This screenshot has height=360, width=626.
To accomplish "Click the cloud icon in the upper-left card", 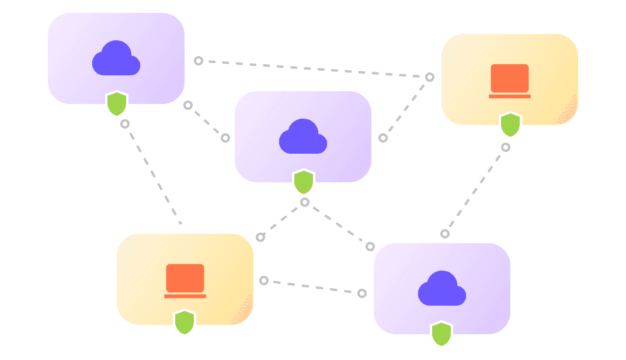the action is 116,59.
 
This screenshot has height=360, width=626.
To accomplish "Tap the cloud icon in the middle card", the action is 303,137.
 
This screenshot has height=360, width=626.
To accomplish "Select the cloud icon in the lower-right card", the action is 442,289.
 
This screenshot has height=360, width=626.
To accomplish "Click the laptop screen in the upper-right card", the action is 510,78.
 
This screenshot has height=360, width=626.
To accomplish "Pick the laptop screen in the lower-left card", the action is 185,278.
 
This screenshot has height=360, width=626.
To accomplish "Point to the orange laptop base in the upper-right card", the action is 510,96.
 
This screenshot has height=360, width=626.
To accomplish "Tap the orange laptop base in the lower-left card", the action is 185,296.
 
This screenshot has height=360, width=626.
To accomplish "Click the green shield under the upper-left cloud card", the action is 117,103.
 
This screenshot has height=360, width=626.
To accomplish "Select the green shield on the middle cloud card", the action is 304,182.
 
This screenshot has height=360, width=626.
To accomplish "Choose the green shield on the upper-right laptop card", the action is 510,125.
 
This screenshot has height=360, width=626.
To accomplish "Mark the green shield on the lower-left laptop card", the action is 185,322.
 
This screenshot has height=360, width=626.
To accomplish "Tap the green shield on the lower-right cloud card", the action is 441,334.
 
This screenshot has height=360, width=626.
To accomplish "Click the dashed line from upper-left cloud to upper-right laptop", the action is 314,69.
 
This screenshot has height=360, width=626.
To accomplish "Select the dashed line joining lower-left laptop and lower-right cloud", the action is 313,287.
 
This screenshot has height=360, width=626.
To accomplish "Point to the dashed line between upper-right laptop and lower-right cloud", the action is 475,191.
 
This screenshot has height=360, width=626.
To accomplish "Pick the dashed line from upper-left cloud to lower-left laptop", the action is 152,174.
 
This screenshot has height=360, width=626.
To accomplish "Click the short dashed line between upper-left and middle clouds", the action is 207,122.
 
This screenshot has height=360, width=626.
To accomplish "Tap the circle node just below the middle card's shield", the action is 304,202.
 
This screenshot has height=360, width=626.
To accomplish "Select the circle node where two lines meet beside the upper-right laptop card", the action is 430,77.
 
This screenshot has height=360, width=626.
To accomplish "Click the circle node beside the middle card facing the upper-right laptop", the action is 383,138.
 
